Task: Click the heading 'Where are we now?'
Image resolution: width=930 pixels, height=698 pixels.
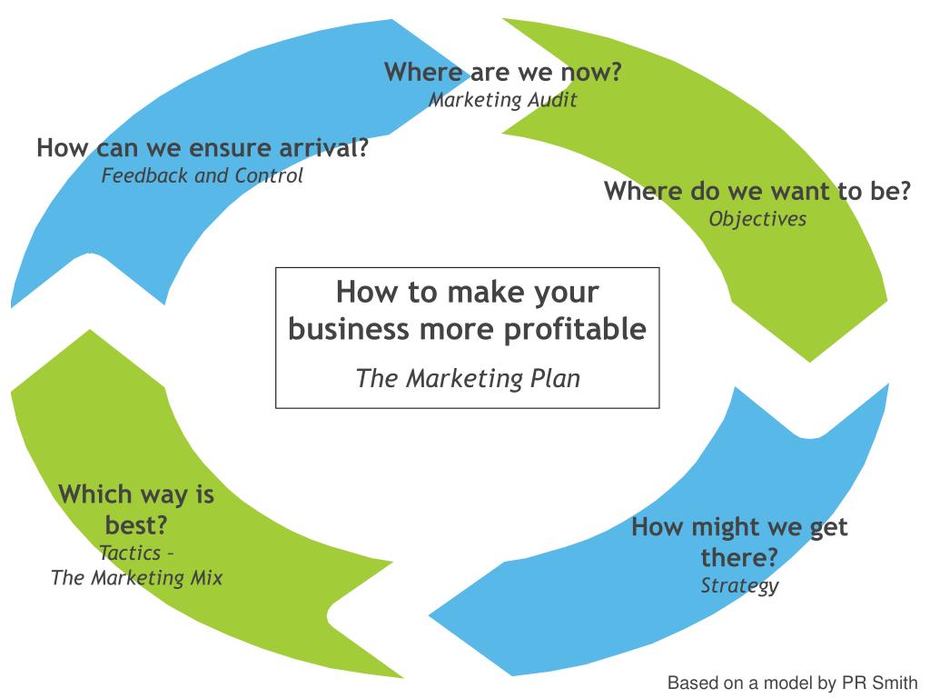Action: point(502,73)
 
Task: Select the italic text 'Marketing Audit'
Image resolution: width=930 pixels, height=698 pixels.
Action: point(502,100)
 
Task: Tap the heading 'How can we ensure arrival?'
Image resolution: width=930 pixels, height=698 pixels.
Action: point(203,148)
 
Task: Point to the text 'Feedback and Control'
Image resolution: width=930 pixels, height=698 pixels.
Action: point(202,175)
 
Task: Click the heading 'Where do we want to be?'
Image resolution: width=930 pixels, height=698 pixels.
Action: point(757,192)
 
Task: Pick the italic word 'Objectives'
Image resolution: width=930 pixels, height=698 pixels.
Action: point(757,219)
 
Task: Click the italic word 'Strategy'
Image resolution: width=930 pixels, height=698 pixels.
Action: point(739,585)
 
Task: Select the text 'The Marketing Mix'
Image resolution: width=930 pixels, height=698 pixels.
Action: point(136,577)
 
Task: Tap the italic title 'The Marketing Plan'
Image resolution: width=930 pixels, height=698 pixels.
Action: point(468,378)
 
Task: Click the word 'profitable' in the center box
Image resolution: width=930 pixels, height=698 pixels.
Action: point(575,329)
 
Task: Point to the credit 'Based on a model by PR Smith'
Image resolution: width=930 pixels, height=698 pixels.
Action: point(793,683)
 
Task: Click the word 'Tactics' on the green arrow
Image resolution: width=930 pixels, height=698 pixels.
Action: point(130,553)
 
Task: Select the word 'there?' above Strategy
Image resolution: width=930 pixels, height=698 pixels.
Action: point(739,557)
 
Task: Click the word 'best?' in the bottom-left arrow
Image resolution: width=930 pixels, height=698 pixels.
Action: point(136,525)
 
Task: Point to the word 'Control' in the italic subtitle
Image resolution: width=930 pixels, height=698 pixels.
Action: point(269,175)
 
